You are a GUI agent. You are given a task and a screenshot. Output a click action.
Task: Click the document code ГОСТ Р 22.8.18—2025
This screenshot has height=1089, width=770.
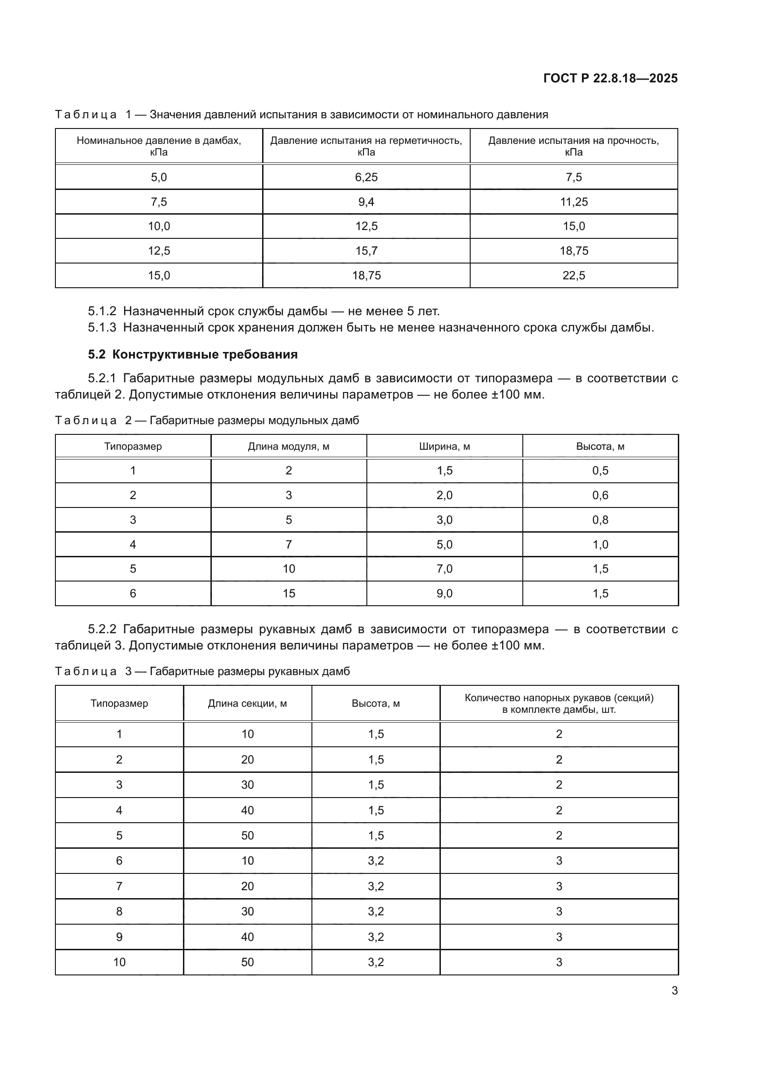pyautogui.click(x=610, y=78)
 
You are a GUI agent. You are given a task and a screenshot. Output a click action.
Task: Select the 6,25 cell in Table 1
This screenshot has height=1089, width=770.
pyautogui.click(x=366, y=177)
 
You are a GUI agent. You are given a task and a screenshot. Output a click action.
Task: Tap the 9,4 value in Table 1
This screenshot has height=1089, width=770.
pyautogui.click(x=366, y=202)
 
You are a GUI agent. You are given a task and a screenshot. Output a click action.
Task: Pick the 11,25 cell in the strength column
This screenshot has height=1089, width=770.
pyautogui.click(x=574, y=202)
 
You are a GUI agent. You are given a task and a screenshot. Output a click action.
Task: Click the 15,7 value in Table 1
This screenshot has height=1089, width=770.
pyautogui.click(x=366, y=251)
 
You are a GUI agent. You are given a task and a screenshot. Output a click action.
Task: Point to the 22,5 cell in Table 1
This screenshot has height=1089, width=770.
pyautogui.click(x=574, y=276)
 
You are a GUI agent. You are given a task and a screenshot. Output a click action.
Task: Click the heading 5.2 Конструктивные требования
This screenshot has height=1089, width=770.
pyautogui.click(x=193, y=354)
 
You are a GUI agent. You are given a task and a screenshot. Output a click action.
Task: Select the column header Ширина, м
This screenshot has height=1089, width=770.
pyautogui.click(x=444, y=446)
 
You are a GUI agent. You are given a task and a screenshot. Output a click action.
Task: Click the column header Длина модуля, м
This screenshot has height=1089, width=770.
pyautogui.click(x=288, y=446)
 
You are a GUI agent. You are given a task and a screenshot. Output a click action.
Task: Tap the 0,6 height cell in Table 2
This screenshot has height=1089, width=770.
pyautogui.click(x=600, y=495)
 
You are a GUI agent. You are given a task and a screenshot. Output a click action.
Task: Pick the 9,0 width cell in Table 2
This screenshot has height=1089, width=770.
pyautogui.click(x=444, y=593)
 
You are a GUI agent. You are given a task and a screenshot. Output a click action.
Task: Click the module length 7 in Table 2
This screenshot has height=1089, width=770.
pyautogui.click(x=288, y=545)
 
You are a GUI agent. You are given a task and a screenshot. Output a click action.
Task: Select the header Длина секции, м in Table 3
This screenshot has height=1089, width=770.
pyautogui.click(x=247, y=703)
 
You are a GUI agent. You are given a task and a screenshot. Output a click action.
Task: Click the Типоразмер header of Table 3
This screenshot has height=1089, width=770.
pyautogui.click(x=119, y=703)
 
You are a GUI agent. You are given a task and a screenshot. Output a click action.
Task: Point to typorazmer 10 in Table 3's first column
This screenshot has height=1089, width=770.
pyautogui.click(x=119, y=962)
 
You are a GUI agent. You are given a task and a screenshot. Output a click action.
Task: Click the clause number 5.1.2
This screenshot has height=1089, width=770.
pyautogui.click(x=102, y=311)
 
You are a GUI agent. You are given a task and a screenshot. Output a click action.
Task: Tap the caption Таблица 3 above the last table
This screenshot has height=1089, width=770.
pyautogui.click(x=85, y=671)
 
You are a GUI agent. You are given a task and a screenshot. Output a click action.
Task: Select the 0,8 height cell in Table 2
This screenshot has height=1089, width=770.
pyautogui.click(x=600, y=520)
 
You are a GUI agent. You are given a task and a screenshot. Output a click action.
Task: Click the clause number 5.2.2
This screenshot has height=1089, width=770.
pyautogui.click(x=102, y=629)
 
